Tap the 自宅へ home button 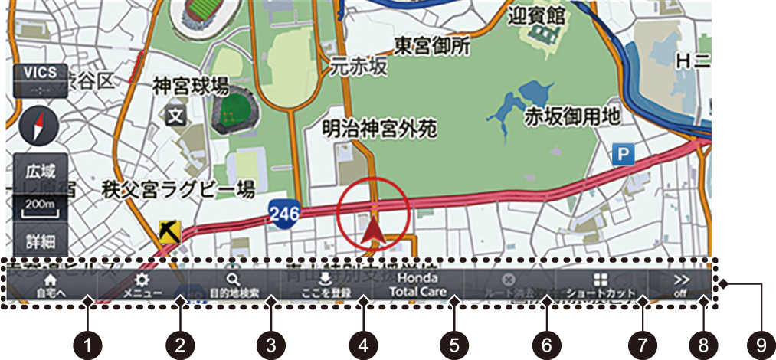[x=51, y=285]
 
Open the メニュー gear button [x=142, y=285]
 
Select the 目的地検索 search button [x=234, y=285]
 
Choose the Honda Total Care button [x=417, y=285]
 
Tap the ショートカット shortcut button [x=600, y=285]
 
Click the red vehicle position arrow [x=372, y=228]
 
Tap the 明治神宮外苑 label [x=378, y=128]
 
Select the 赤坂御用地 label [x=571, y=116]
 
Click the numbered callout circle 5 [x=455, y=345]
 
